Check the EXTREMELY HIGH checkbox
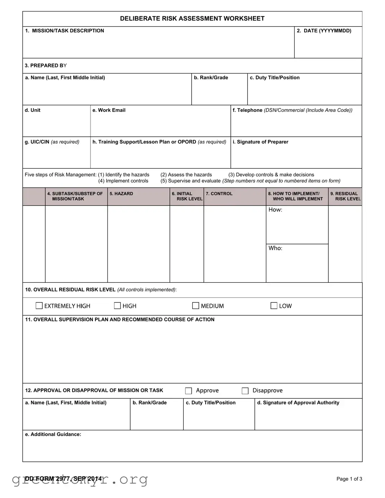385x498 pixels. pos(39,306)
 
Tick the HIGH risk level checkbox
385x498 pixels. pos(117,306)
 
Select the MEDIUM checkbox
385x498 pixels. pos(196,306)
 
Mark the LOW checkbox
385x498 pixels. pos(274,306)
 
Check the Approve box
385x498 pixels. pos(188,391)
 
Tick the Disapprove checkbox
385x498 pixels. pos(245,391)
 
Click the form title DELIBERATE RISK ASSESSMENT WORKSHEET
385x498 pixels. pos(192,19)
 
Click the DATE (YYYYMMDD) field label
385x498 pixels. pos(324,31)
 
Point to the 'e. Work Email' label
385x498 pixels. pos(109,110)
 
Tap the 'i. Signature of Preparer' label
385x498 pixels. pos(260,142)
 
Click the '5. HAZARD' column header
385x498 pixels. pos(121,194)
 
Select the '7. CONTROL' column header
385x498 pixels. pos(219,194)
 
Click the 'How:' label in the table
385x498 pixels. pos(275,210)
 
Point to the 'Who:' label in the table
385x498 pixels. pos(275,248)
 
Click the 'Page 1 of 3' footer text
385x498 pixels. pos(349,479)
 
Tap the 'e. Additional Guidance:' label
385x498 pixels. pos(53,434)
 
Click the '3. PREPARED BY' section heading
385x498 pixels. pos(46,66)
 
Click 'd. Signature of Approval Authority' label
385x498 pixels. pos(298,403)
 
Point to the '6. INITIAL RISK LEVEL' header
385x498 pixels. pos(187,196)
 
